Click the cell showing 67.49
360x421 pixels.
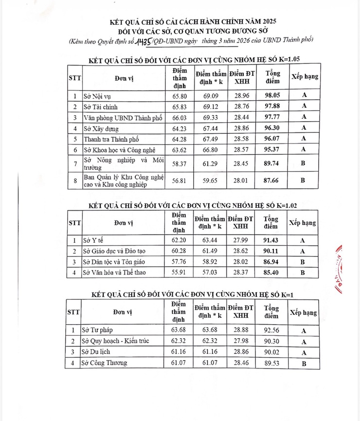pyautogui.click(x=211, y=140)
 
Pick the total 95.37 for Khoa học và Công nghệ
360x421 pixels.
pyautogui.click(x=273, y=150)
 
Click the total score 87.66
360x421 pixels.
pyautogui.click(x=273, y=180)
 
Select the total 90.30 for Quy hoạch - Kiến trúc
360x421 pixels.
pyautogui.click(x=271, y=341)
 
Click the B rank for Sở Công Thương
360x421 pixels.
pyautogui.click(x=303, y=363)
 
